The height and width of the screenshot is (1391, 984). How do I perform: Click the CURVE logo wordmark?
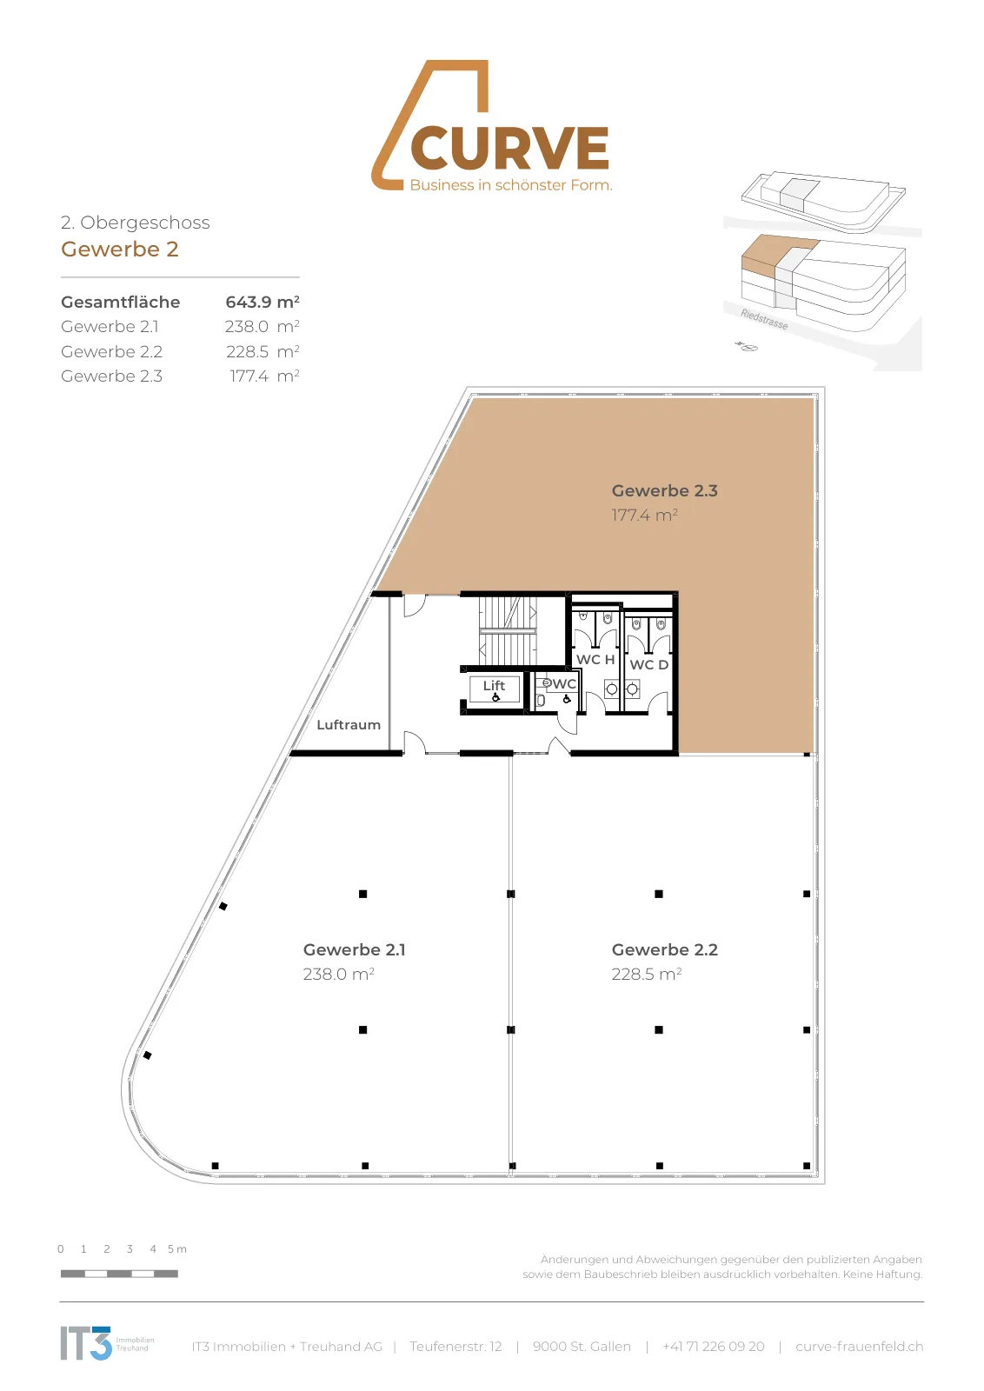coord(509,148)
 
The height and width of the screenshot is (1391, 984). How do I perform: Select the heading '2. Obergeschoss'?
coord(136,223)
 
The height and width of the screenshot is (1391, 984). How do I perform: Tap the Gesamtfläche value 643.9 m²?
coord(262,302)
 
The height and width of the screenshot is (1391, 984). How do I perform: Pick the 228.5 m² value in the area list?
coord(262,351)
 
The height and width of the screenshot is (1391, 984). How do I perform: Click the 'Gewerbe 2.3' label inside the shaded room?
coord(665,490)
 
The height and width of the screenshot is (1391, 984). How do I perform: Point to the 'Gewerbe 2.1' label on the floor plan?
coord(355,949)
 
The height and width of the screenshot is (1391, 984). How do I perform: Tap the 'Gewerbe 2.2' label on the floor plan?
coord(665,949)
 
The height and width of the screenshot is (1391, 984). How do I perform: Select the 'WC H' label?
coord(595,660)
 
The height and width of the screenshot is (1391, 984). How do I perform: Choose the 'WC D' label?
coord(648,664)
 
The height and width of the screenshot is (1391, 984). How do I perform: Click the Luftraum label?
coord(349,725)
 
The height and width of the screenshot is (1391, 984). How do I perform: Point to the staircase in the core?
coord(507,630)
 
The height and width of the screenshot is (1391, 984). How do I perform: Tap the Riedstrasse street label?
coord(764,319)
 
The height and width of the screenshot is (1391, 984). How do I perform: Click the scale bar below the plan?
coord(119,1274)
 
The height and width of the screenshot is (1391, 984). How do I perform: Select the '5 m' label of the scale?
coord(177,1248)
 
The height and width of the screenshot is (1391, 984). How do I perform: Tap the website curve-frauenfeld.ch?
coord(859,1347)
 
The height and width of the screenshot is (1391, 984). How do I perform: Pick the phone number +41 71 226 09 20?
coord(714,1347)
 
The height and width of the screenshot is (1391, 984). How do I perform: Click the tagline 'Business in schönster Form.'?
coord(511,185)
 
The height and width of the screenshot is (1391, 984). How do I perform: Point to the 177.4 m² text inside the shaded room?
coord(644,515)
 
